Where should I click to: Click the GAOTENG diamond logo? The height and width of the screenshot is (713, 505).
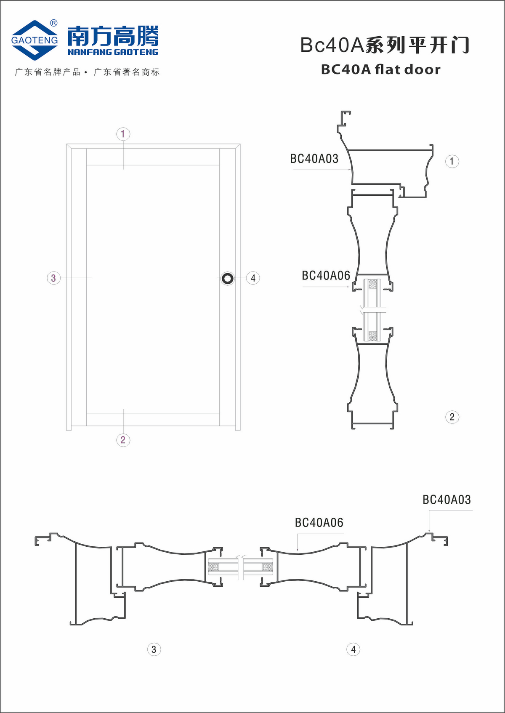point(35,40)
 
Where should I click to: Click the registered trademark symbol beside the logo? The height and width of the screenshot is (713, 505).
point(54,23)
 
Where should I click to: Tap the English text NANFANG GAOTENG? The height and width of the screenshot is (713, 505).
point(113,52)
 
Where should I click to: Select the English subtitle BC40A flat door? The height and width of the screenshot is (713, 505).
point(380,69)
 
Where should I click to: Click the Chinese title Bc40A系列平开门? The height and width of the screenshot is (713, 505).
point(385,45)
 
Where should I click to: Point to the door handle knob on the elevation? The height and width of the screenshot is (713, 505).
point(228,279)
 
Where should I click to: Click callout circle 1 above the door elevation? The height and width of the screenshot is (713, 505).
point(123,134)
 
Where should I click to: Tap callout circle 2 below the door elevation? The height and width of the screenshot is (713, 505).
point(123,440)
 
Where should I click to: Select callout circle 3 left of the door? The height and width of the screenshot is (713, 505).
point(53,278)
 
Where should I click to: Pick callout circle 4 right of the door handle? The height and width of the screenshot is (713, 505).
point(253,278)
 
